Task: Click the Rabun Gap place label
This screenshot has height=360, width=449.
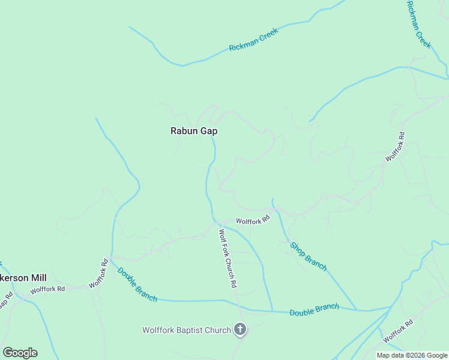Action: click(193, 130)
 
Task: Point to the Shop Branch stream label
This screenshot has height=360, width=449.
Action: click(309, 256)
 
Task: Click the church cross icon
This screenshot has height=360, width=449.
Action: click(240, 329)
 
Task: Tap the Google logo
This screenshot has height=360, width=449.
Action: click(20, 353)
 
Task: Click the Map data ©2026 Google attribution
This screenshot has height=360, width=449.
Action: click(412, 355)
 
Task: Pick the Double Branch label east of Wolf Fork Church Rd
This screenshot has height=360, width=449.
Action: click(314, 310)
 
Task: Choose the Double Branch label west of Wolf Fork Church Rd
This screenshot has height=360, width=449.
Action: click(137, 284)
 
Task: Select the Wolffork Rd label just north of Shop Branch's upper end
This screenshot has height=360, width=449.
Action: click(253, 221)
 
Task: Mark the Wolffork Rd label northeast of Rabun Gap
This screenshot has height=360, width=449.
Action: click(395, 146)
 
